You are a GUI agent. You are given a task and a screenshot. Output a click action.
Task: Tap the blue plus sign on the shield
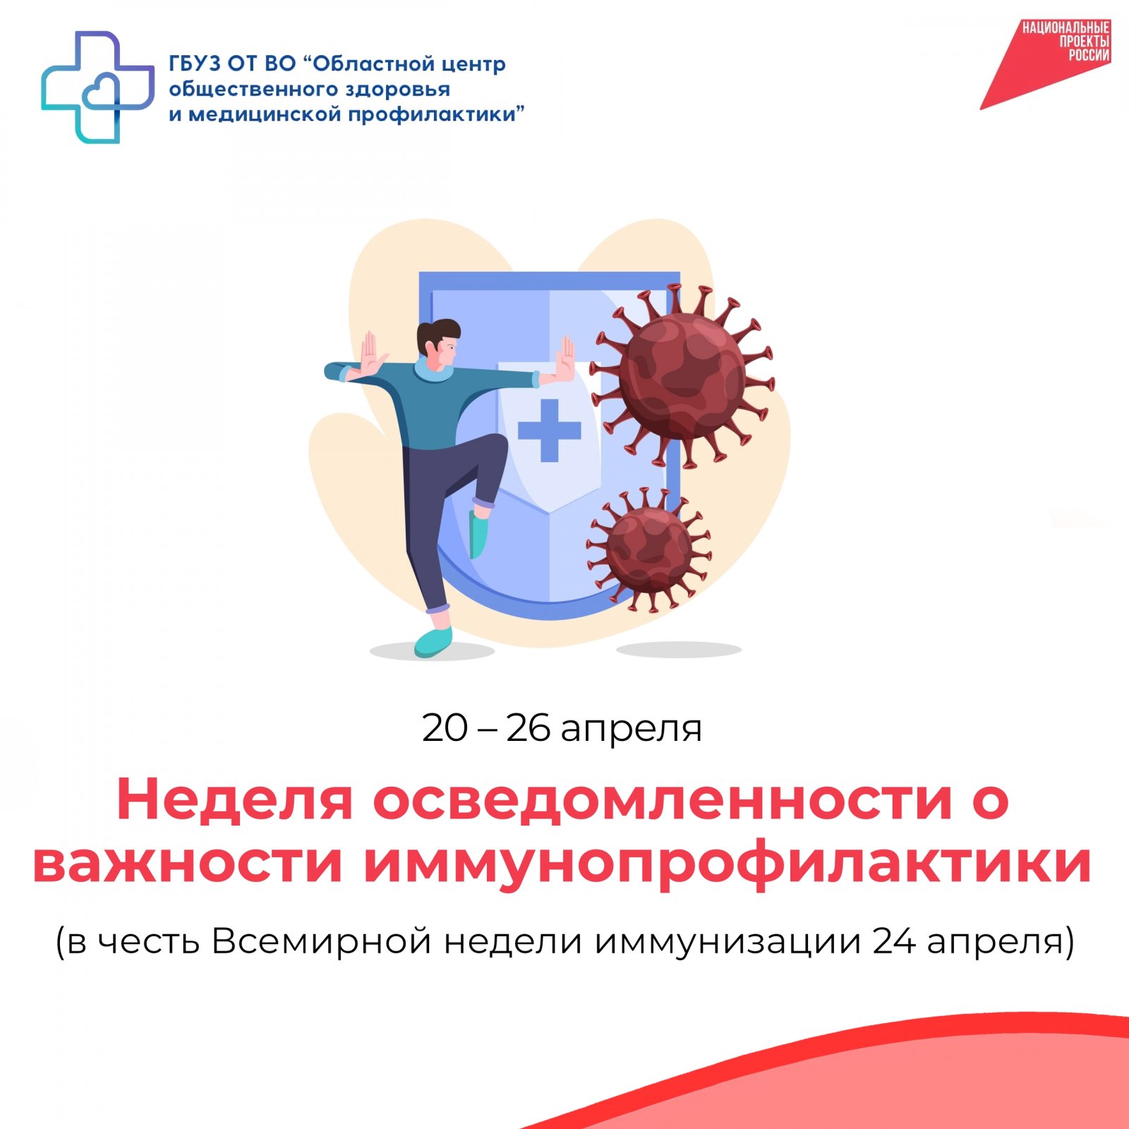click(x=550, y=430)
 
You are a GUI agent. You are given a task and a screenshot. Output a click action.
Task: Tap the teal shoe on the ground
click(x=433, y=641)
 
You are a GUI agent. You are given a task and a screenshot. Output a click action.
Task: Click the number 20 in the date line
click(x=445, y=727)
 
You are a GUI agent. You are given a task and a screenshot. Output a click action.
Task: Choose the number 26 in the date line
click(x=529, y=727)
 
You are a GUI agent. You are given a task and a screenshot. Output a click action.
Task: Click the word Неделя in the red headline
click(x=234, y=799)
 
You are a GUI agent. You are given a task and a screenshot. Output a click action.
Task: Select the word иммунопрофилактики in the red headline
click(x=727, y=864)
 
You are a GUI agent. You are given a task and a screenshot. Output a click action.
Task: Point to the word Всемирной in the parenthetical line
click(x=321, y=942)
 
